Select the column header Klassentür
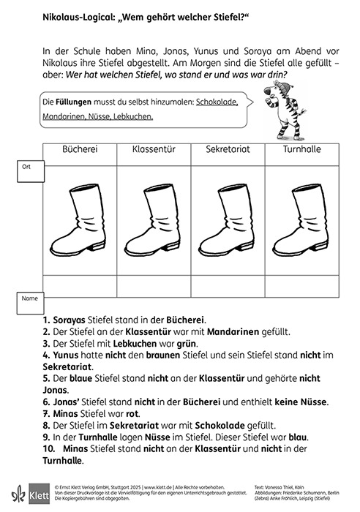pos(153,149)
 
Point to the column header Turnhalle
pos(301,149)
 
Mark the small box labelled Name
pos(30,299)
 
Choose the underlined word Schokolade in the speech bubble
pos(217,102)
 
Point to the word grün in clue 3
pos(171,344)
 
